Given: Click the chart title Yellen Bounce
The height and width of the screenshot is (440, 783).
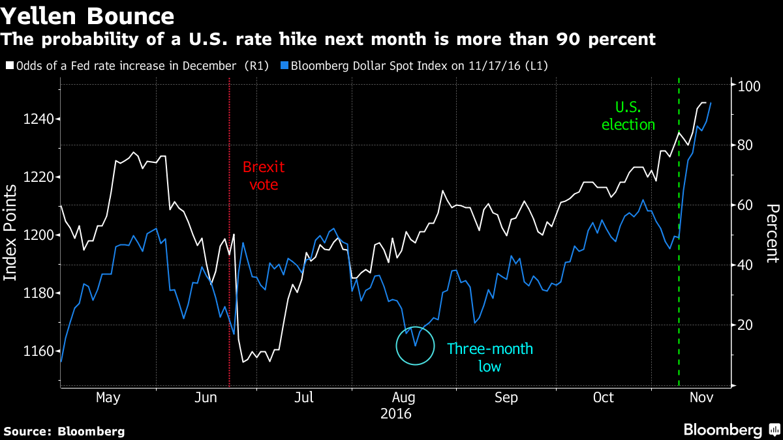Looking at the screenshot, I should [88, 16].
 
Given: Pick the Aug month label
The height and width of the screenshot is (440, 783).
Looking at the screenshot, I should [405, 398].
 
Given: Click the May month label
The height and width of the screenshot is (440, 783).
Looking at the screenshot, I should [108, 398].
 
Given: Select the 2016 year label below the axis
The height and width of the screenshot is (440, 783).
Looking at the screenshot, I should [397, 413].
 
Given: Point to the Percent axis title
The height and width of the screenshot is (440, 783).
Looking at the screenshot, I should [773, 233].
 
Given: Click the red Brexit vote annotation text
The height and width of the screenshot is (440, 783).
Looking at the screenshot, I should [264, 176].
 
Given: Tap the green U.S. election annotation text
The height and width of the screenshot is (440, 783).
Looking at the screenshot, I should [628, 115].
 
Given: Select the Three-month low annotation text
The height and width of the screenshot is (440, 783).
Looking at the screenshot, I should [489, 357].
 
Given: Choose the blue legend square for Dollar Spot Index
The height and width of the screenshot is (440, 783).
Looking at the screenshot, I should [285, 66].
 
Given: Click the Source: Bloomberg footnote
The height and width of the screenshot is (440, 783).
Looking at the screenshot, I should [64, 431].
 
